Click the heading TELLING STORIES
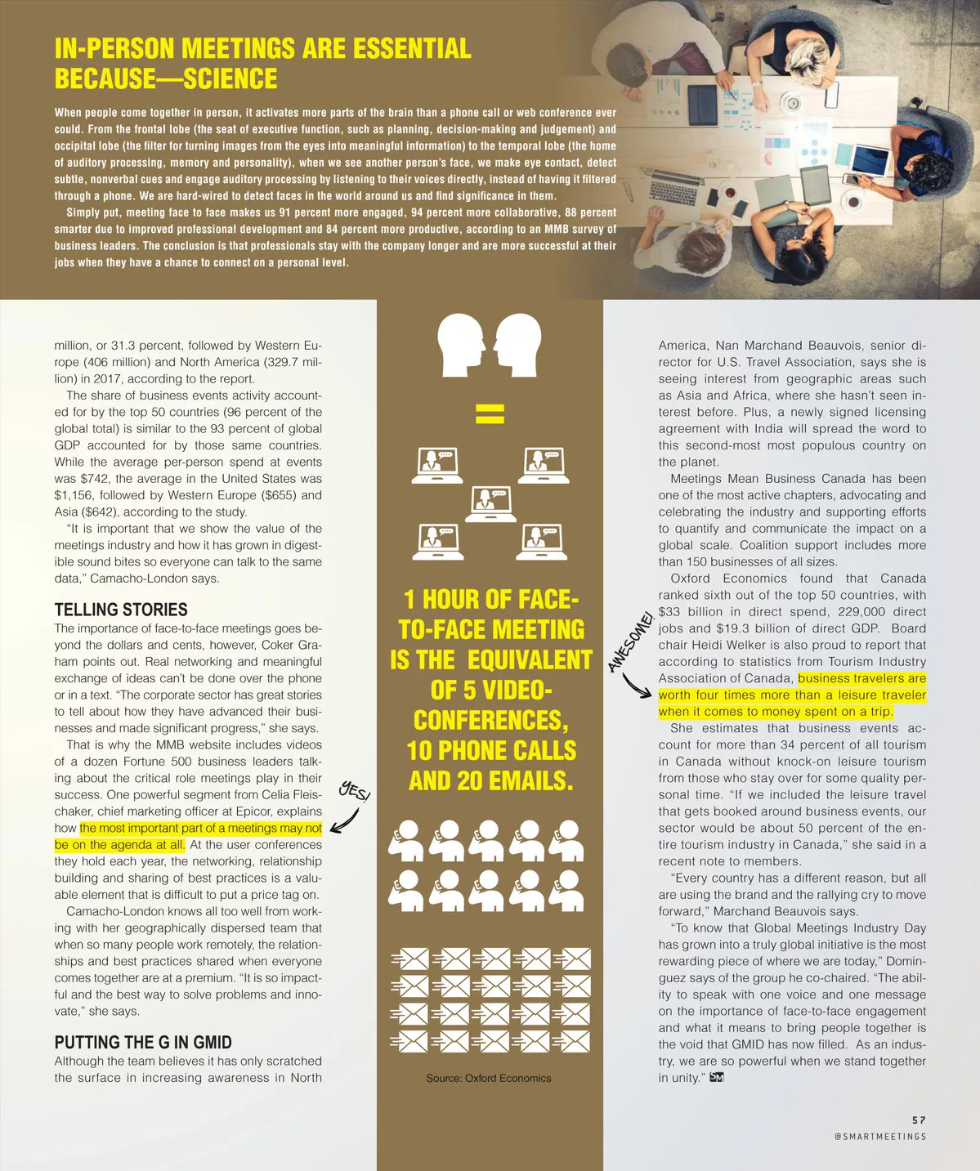pos(121,610)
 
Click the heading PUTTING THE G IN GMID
pos(143,1042)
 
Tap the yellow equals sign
pos(490,413)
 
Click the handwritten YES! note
pos(355,791)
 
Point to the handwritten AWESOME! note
pos(631,641)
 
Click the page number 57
pos(920,1120)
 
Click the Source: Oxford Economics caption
pos(488,1078)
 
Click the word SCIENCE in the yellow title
pos(230,79)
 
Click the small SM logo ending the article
pos(717,1077)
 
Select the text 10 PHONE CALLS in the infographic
pos(491,750)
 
